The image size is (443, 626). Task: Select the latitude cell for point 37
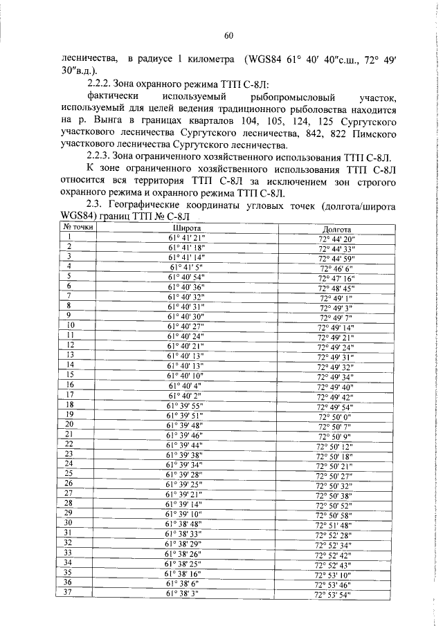pos(186,593)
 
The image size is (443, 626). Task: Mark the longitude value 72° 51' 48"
pos(334,525)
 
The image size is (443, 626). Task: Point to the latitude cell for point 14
pos(186,365)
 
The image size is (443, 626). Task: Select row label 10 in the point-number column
pos(70,324)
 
